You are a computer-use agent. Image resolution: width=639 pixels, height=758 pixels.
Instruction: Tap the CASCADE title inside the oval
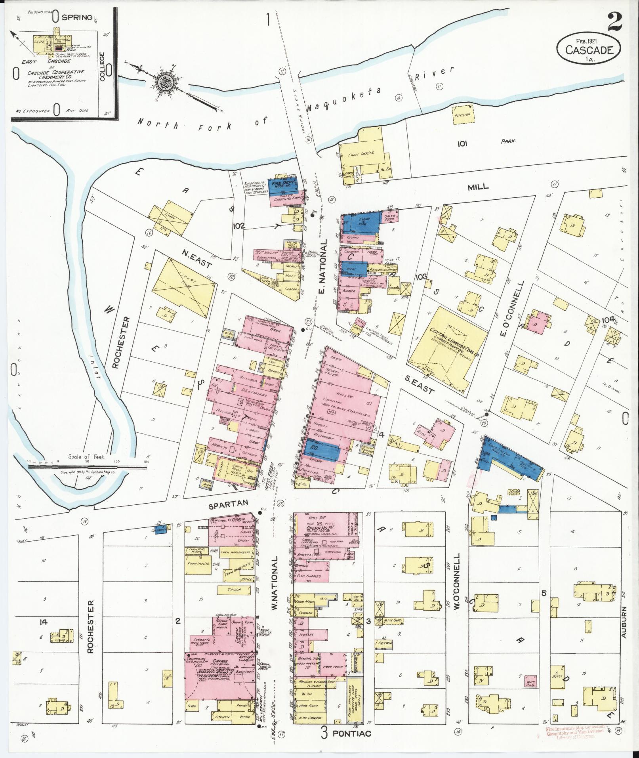589,50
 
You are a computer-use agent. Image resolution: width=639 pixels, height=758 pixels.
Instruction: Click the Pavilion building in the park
462,115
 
